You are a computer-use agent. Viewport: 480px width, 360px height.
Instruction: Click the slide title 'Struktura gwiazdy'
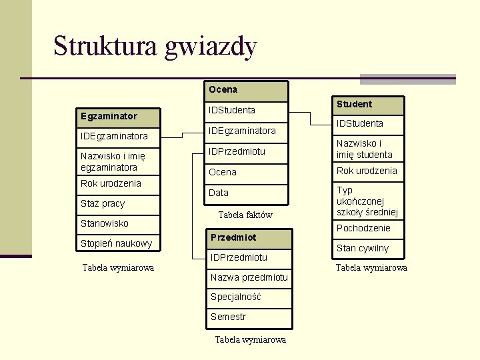point(155,47)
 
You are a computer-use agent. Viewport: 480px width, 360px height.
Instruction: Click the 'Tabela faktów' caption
point(245,215)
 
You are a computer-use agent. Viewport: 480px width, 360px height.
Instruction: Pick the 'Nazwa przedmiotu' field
point(249,277)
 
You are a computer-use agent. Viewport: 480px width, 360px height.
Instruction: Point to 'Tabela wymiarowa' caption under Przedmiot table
point(251,339)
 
